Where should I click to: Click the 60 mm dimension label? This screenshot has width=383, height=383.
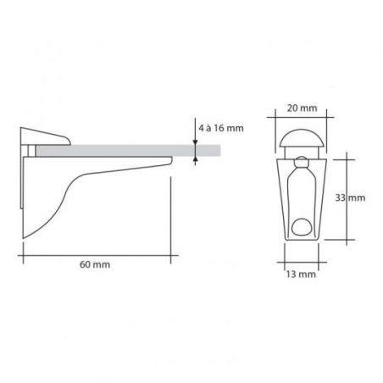[x=95, y=264]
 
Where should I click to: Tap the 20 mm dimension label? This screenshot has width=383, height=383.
[x=302, y=108]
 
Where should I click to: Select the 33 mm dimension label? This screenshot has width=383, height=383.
[x=350, y=197]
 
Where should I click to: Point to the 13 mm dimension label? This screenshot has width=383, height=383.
[x=301, y=274]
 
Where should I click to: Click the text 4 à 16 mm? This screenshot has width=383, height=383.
[x=221, y=128]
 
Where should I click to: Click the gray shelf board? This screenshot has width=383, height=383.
[x=128, y=151]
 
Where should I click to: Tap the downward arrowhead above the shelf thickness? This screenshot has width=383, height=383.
[x=195, y=142]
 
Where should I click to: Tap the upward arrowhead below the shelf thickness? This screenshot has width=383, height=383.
[x=195, y=159]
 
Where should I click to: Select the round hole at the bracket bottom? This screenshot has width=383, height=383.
[x=301, y=226]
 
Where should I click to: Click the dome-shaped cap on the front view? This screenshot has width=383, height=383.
[x=301, y=138]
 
